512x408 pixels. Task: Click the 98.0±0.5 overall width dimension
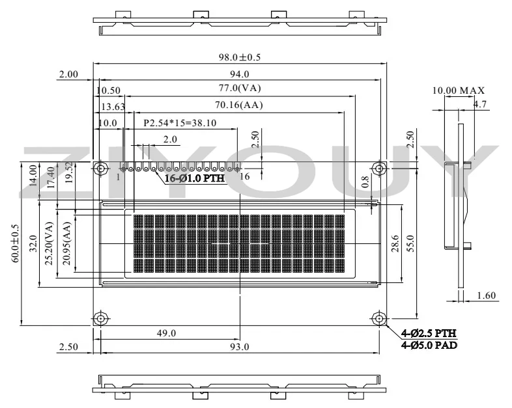(240, 57)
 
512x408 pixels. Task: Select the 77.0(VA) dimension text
(240, 88)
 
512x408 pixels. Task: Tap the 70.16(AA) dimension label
(238, 105)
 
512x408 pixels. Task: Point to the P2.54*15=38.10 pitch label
(180, 123)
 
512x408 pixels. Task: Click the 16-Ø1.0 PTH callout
(195, 178)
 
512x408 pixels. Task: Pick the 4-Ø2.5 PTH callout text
(429, 333)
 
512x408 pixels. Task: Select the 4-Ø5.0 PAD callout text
(429, 345)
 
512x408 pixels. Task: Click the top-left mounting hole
(101, 169)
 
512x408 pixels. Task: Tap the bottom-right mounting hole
(379, 318)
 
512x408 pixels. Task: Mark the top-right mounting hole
(379, 169)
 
